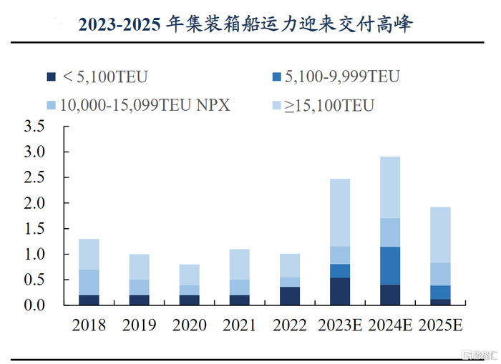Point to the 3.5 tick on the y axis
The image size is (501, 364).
click(x=34, y=127)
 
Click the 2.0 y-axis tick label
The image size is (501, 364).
click(x=34, y=204)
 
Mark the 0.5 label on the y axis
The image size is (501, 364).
click(x=34, y=280)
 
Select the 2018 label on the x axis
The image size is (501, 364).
click(x=89, y=325)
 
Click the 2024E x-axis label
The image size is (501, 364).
click(x=390, y=325)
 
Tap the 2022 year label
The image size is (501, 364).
click(x=290, y=325)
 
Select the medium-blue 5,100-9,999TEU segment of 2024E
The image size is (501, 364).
click(x=390, y=265)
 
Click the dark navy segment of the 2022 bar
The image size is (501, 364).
click(x=290, y=296)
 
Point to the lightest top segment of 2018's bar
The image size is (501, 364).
click(x=89, y=254)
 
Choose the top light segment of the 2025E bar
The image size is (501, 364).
click(x=440, y=235)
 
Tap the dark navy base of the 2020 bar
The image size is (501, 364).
click(x=190, y=300)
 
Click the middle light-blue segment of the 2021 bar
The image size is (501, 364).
click(x=240, y=287)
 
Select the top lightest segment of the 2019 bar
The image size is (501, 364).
click(x=140, y=267)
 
